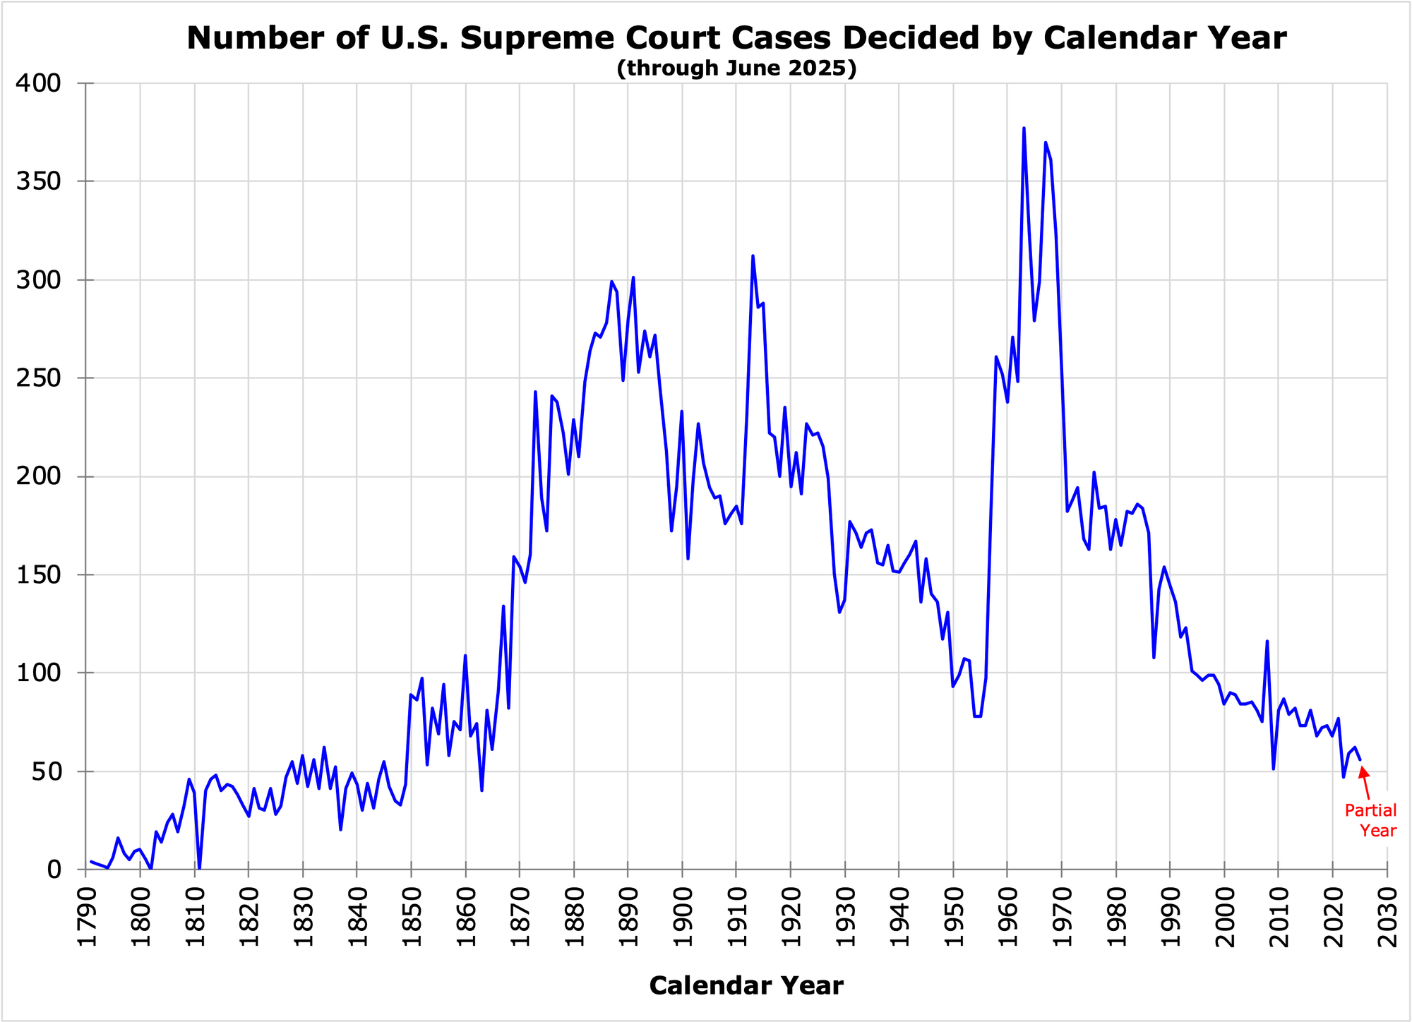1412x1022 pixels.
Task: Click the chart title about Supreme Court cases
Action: [736, 38]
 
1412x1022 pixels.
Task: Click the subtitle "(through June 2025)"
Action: [736, 69]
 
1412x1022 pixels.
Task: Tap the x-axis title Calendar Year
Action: [746, 986]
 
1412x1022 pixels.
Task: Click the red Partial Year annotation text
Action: [1370, 821]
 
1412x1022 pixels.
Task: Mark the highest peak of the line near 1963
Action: [1024, 128]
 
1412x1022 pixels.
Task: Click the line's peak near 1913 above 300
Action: [753, 256]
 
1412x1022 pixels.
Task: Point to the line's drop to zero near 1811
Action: [199, 868]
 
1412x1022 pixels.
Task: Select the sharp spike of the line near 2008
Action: [1267, 642]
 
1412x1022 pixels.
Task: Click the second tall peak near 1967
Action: [1046, 143]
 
